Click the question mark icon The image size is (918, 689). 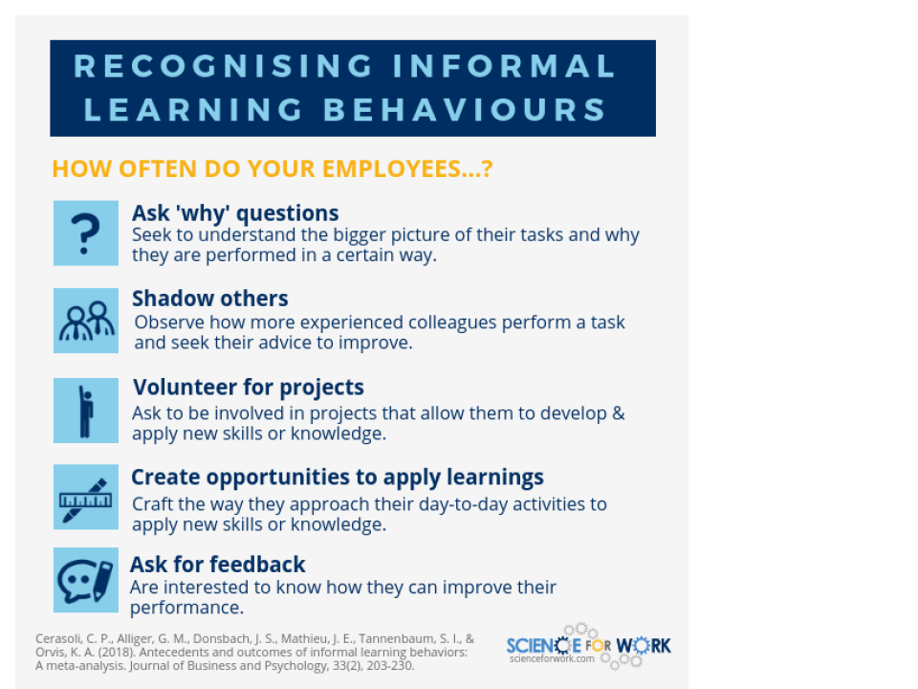pyautogui.click(x=85, y=233)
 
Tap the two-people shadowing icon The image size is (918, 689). pyautogui.click(x=85, y=321)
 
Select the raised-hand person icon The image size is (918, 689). pyautogui.click(x=85, y=411)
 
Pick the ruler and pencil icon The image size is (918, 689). pyautogui.click(x=85, y=497)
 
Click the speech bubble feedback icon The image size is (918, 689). pyautogui.click(x=85, y=580)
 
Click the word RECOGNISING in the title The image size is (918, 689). pyautogui.click(x=223, y=66)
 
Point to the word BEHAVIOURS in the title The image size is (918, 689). pyautogui.click(x=465, y=109)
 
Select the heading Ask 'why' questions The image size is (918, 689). pyautogui.click(x=235, y=213)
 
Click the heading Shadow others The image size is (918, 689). pyautogui.click(x=210, y=299)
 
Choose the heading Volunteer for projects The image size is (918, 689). pyautogui.click(x=249, y=388)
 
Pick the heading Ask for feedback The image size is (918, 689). pyautogui.click(x=218, y=565)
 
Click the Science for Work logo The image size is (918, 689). pyautogui.click(x=588, y=646)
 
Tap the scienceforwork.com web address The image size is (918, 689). pyautogui.click(x=552, y=658)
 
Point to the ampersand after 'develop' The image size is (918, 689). pyautogui.click(x=619, y=413)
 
